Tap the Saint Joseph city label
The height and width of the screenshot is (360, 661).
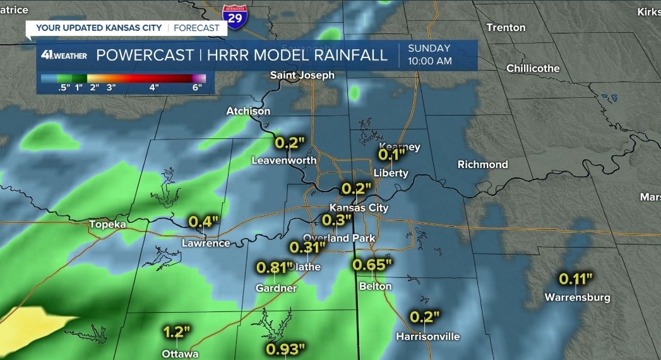(302, 75)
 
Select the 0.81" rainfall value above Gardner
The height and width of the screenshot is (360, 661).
(275, 267)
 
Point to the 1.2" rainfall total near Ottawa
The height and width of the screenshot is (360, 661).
(177, 332)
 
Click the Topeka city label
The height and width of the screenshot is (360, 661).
(108, 224)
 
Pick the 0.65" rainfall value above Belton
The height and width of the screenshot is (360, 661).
(372, 265)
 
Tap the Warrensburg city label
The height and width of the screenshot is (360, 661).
(577, 297)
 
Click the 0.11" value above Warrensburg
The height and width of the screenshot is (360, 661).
(576, 278)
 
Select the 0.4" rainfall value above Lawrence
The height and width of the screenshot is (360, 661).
(203, 222)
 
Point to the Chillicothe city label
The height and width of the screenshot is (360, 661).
(532, 68)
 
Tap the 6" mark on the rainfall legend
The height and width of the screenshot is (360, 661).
(197, 88)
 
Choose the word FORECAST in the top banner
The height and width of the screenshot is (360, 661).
(196, 28)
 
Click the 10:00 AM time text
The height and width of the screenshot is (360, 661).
(430, 61)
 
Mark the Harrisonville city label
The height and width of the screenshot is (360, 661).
(427, 337)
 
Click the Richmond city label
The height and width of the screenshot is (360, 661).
(482, 164)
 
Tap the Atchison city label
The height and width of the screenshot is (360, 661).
(248, 111)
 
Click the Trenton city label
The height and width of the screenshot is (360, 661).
(506, 27)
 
